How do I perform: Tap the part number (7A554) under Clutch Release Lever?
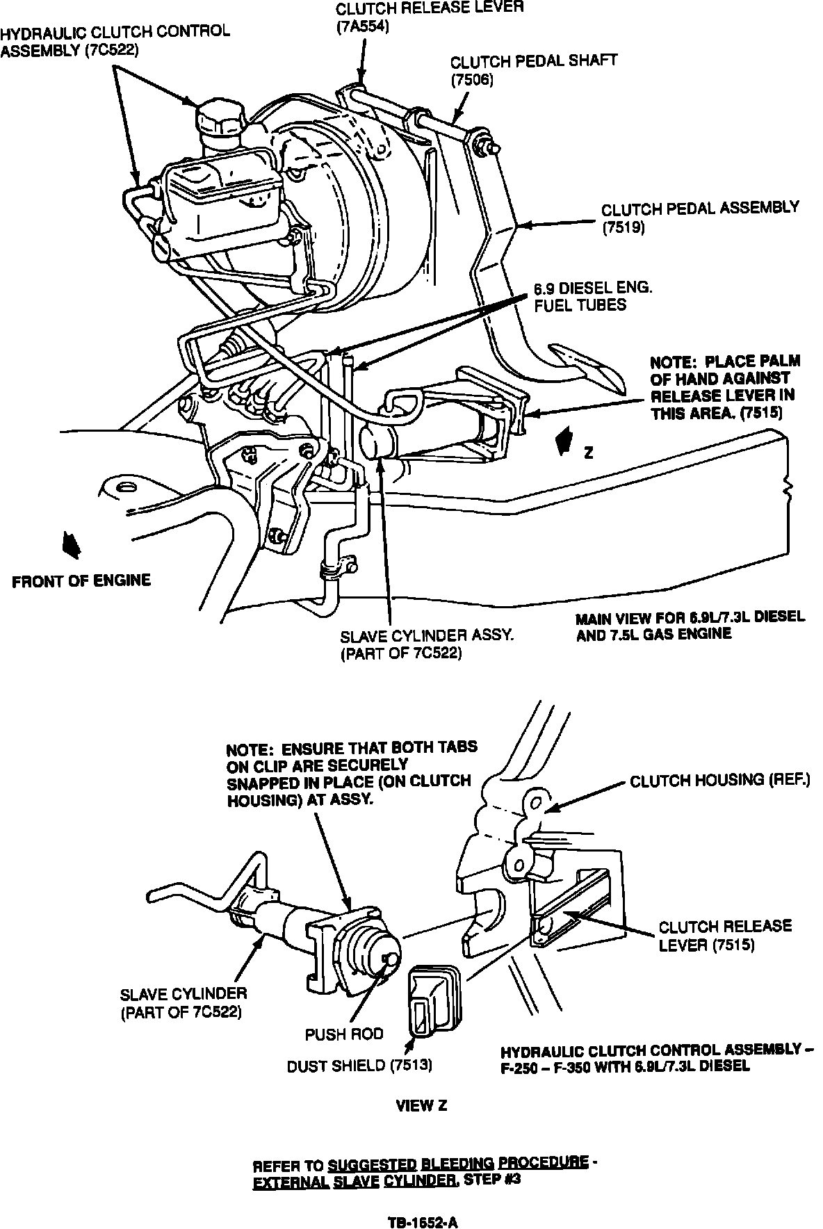pyautogui.click(x=362, y=27)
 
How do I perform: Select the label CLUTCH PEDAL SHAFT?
pyautogui.click(x=533, y=61)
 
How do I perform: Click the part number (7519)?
pyautogui.click(x=624, y=227)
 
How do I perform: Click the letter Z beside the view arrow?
pyautogui.click(x=588, y=453)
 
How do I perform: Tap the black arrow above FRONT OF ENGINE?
pyautogui.click(x=70, y=544)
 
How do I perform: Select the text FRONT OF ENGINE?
pyautogui.click(x=81, y=581)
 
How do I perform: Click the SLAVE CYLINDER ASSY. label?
pyautogui.click(x=426, y=635)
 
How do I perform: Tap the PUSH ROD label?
pyautogui.click(x=344, y=1034)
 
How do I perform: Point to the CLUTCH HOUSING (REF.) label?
pyautogui.click(x=719, y=781)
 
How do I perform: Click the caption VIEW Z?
pyautogui.click(x=421, y=1105)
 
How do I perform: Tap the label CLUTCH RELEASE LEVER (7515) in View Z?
pyautogui.click(x=725, y=936)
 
